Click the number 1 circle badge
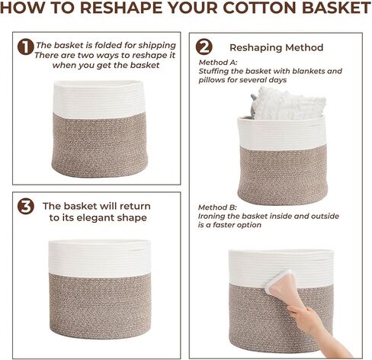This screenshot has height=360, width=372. (x=26, y=47)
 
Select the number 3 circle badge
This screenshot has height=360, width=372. (x=26, y=206)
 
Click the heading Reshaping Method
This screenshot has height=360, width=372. (x=276, y=47)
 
